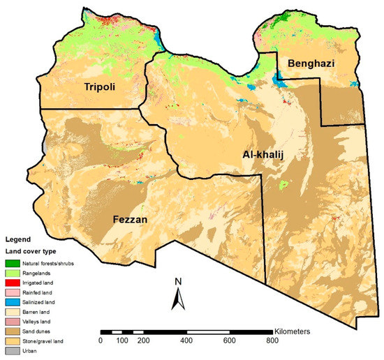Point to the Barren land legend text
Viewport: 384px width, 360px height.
[39, 312]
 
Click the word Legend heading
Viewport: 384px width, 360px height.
[17, 239]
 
